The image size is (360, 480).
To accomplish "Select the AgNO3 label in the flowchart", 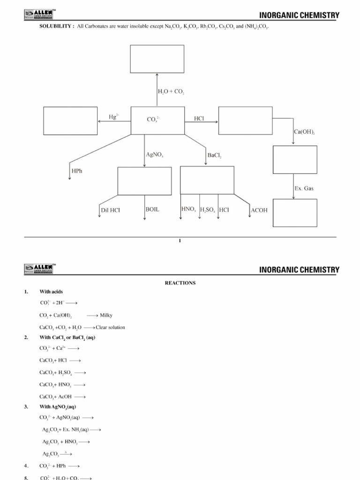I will [155, 154].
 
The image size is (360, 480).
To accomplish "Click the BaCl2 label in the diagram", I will [214, 154].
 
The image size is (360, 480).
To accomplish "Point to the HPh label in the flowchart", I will [77, 172].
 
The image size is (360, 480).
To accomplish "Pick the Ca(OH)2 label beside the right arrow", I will [304, 132].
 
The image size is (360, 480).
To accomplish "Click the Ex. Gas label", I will [304, 188].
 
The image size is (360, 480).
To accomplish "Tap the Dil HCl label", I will [110, 210].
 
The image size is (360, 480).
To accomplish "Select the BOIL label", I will [152, 210].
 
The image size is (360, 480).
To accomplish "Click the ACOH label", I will [259, 210].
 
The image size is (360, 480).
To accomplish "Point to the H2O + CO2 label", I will [171, 92].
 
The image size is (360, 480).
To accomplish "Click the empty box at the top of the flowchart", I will [157, 59].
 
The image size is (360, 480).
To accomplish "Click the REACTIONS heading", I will [180, 283].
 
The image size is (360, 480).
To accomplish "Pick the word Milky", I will [106, 315].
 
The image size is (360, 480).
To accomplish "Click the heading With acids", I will [51, 292].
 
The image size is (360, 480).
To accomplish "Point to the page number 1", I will [180, 241].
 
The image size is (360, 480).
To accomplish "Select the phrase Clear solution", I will [110, 327].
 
